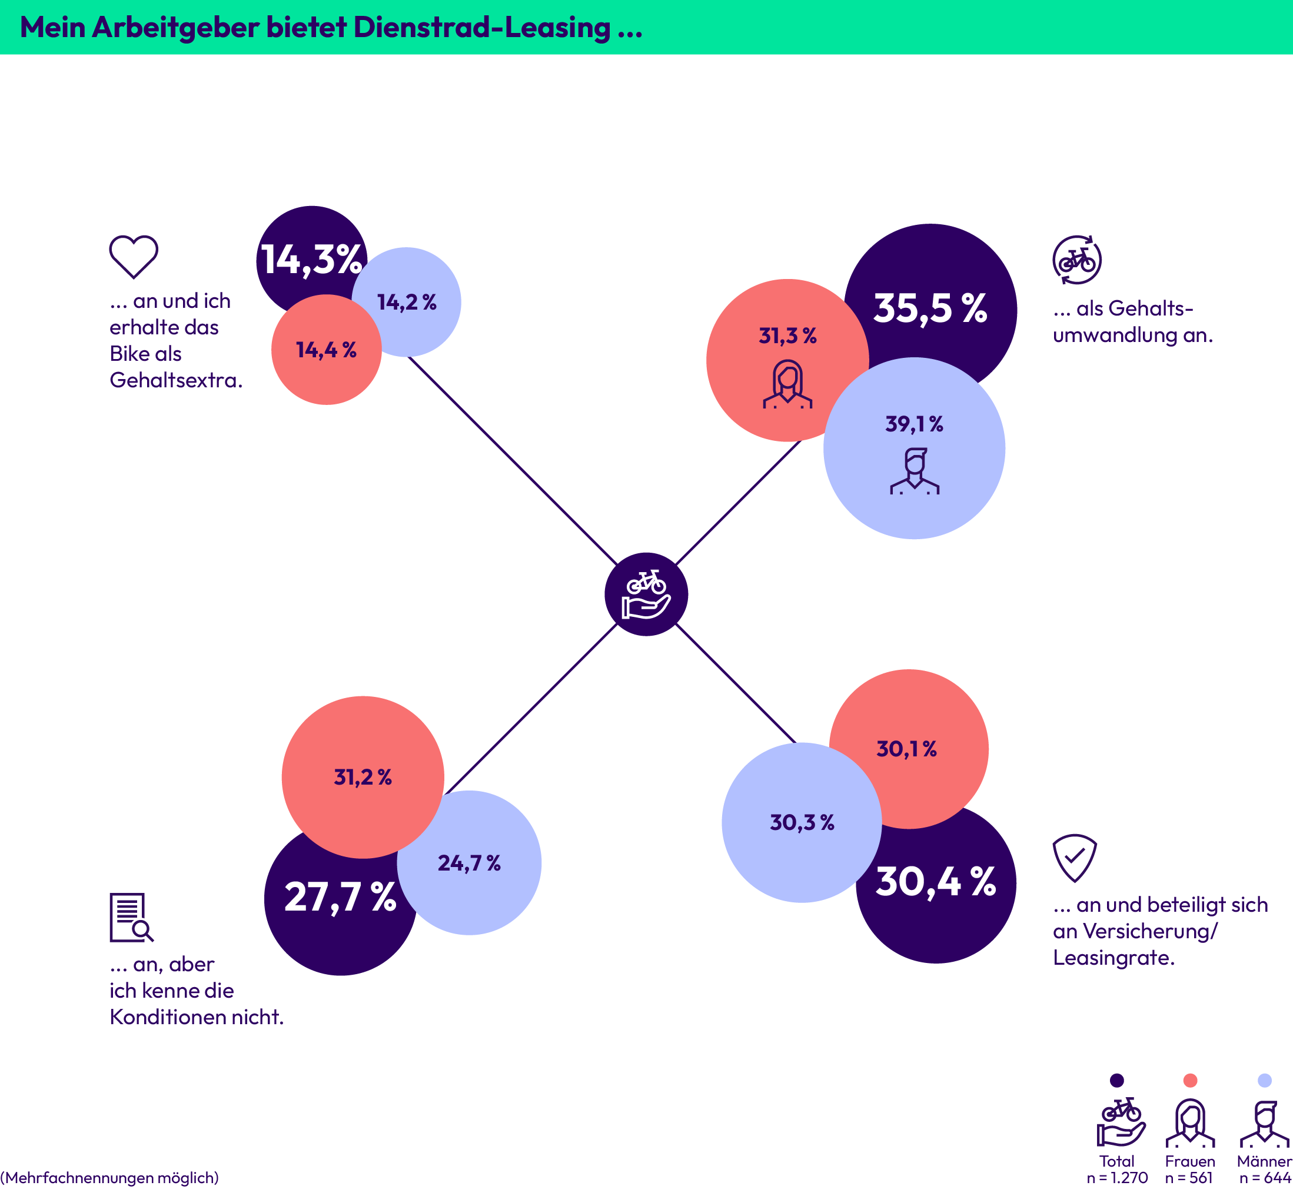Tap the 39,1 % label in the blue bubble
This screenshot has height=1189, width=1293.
pyautogui.click(x=914, y=424)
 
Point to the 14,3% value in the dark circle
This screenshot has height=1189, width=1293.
pyautogui.click(x=311, y=260)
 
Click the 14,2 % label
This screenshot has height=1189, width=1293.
pyautogui.click(x=407, y=302)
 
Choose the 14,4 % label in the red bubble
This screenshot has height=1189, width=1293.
pyautogui.click(x=326, y=350)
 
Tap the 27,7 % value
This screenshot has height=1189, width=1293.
pyautogui.click(x=340, y=897)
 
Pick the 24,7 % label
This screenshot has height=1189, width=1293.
pyautogui.click(x=469, y=863)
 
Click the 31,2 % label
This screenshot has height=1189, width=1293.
pyautogui.click(x=363, y=777)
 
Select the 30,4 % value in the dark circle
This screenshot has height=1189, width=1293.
pyautogui.click(x=935, y=882)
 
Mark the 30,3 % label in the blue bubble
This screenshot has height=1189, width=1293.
pyautogui.click(x=802, y=822)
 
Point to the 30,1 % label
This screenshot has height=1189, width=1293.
pyautogui.click(x=906, y=749)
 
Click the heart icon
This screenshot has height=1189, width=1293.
pyautogui.click(x=133, y=256)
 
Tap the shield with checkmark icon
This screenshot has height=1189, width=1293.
pyautogui.click(x=1074, y=858)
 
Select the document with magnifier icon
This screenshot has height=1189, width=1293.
pyautogui.click(x=131, y=918)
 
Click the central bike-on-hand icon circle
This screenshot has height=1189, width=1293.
pyautogui.click(x=646, y=594)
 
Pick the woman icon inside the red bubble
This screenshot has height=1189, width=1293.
pyautogui.click(x=787, y=385)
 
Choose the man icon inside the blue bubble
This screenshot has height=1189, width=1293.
pyautogui.click(x=914, y=471)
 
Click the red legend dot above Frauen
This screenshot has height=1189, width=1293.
pyautogui.click(x=1190, y=1080)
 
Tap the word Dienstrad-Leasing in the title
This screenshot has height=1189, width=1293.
pyautogui.click(x=482, y=28)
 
